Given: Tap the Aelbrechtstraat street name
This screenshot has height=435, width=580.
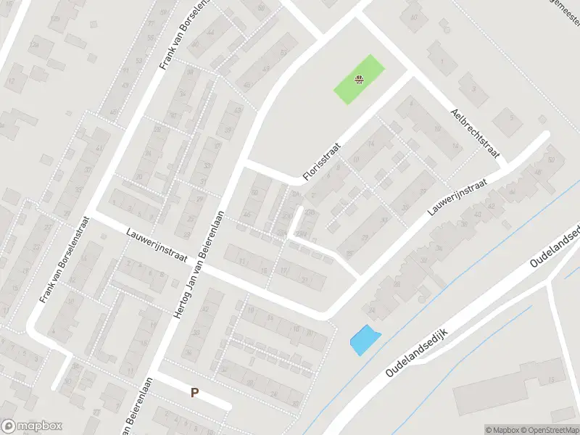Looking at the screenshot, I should point(476,133).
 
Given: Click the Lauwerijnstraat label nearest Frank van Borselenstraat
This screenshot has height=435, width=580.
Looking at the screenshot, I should point(157,246).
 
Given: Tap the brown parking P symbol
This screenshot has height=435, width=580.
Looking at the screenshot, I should point(194,393).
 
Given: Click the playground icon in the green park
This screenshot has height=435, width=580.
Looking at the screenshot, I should point(358,80).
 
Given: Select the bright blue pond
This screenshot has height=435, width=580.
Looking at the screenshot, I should point(364,339).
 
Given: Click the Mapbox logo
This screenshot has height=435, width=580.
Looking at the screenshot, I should point(32,426).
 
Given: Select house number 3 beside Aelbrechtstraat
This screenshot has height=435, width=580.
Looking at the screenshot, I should point(474,89).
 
